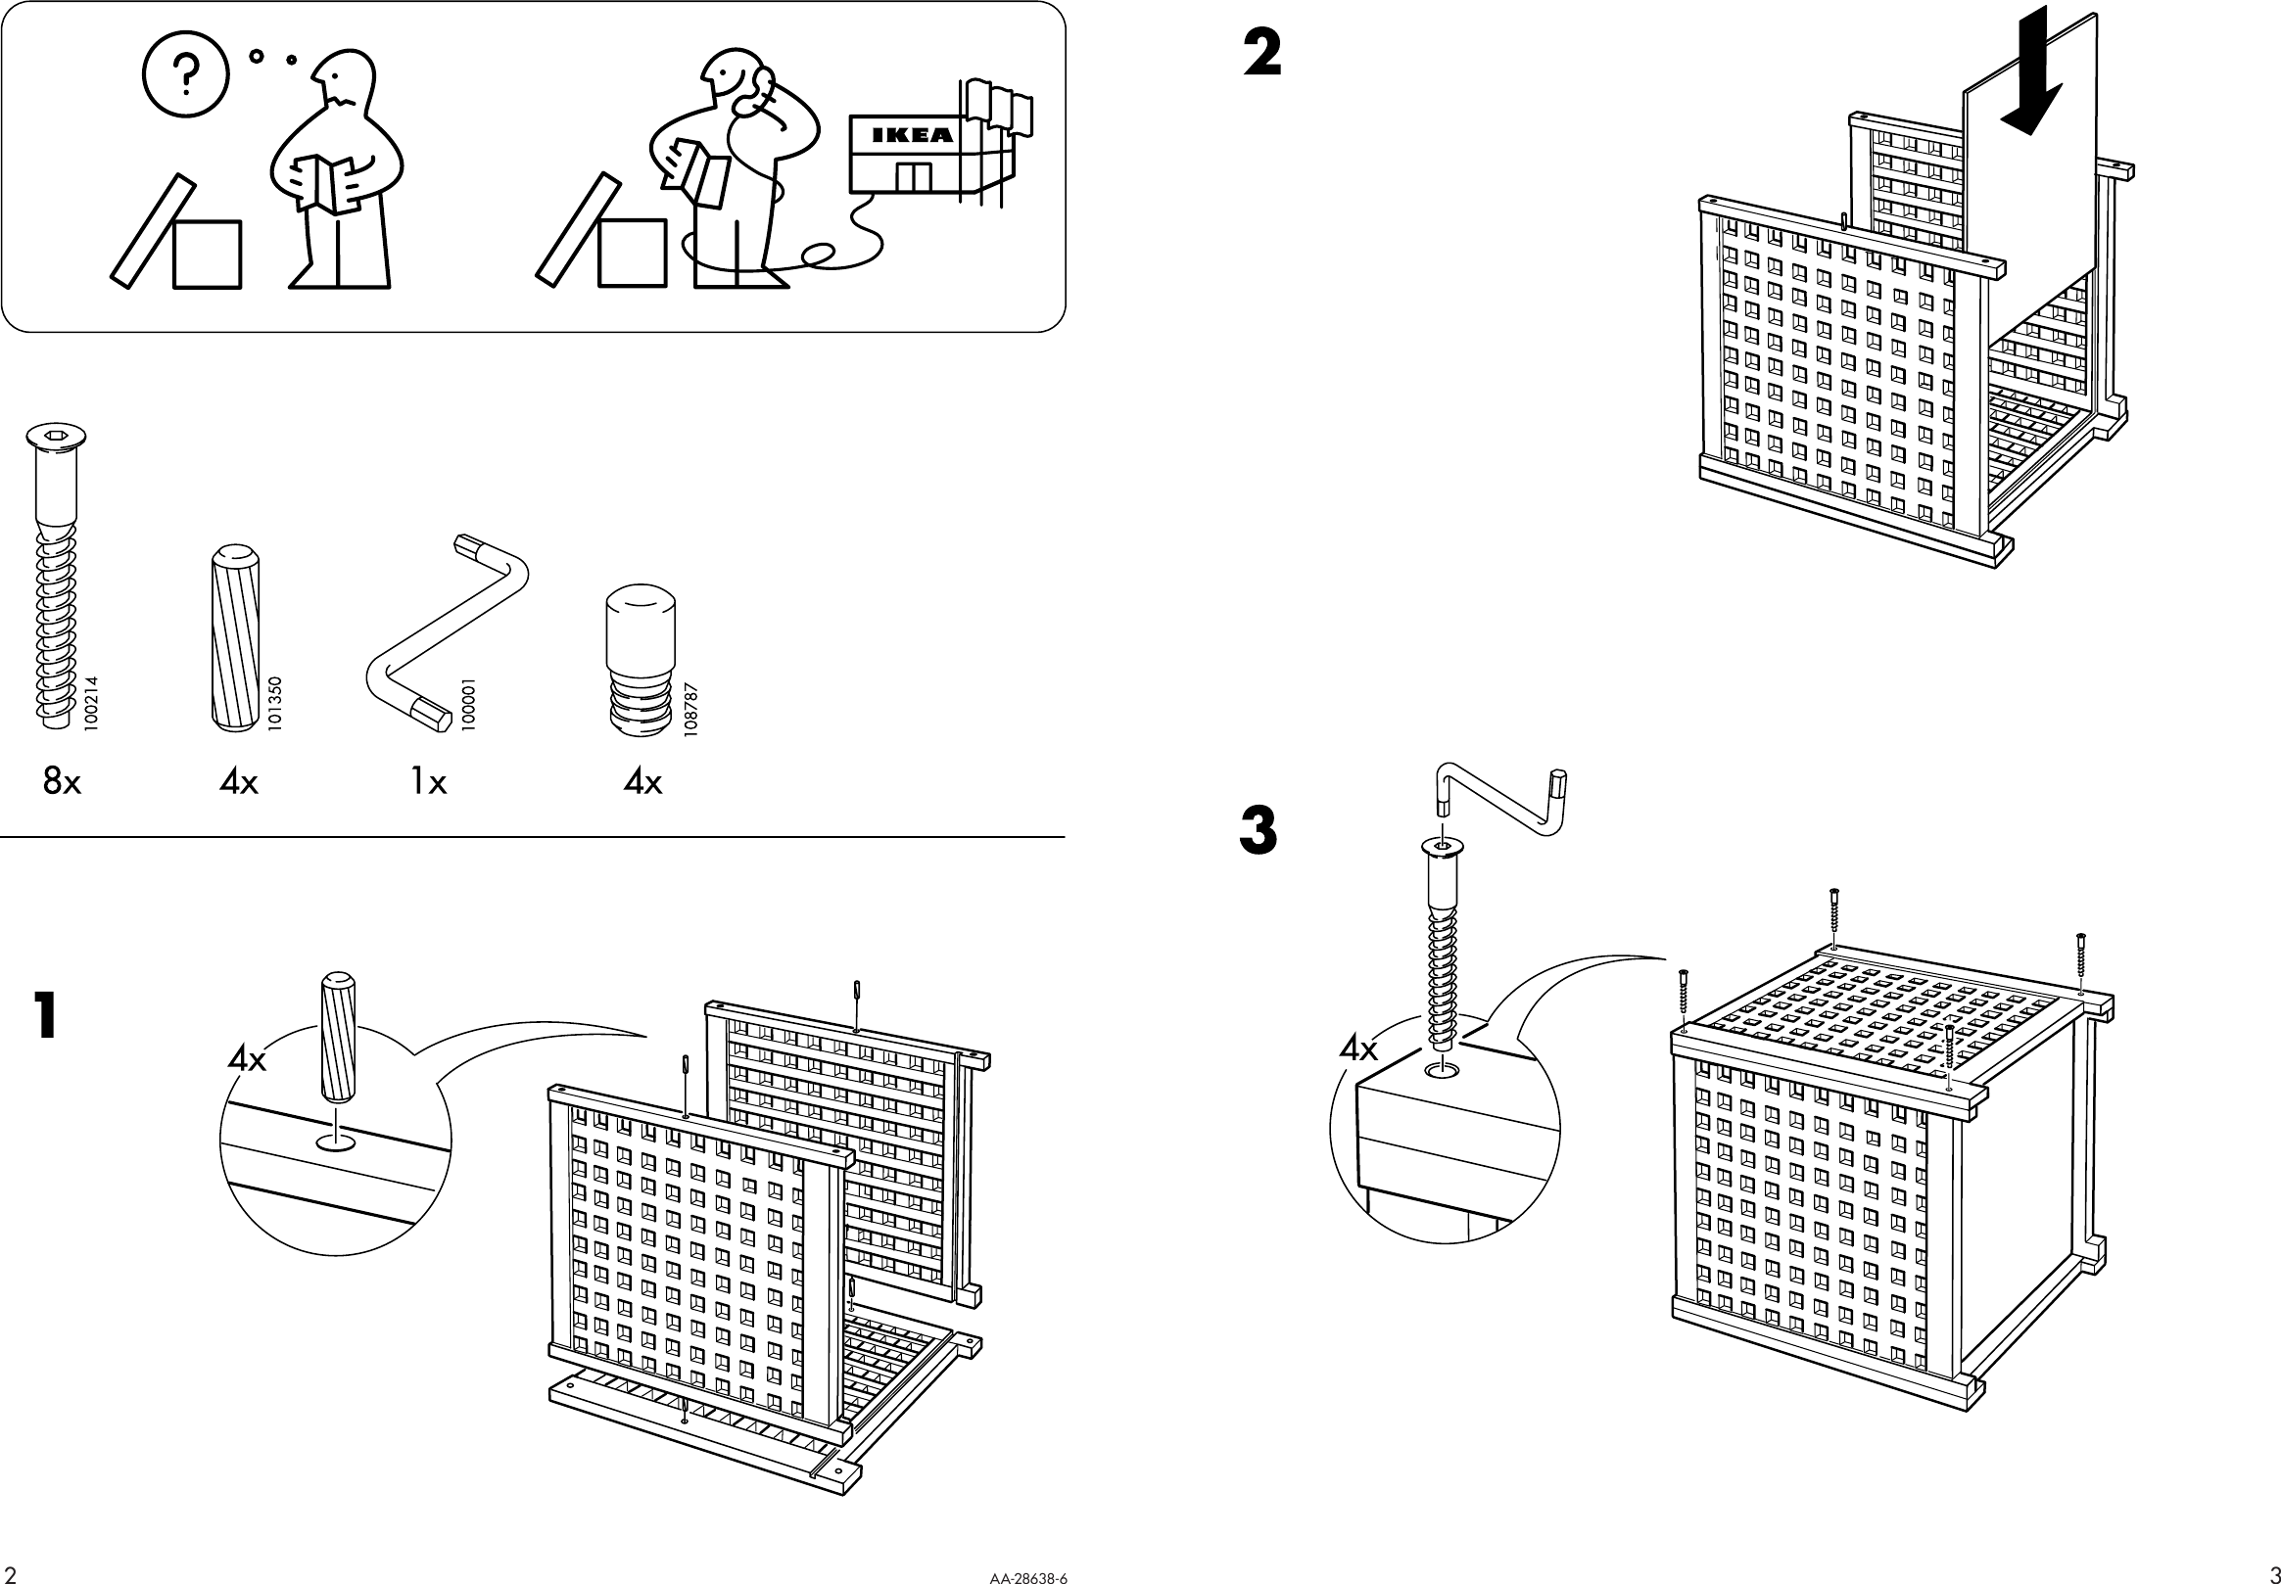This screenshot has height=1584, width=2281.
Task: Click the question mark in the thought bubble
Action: point(186,75)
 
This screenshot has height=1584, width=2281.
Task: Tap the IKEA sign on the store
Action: point(911,135)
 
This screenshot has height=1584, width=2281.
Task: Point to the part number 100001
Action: point(468,705)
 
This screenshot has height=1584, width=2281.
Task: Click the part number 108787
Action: point(691,708)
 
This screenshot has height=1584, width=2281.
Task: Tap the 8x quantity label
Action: point(62,782)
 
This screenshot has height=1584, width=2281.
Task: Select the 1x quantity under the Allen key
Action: point(428,782)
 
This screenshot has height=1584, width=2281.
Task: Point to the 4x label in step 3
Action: point(1357,1048)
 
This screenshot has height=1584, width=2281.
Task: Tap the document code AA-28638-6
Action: point(1027,1577)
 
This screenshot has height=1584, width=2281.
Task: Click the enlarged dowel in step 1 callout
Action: point(338,1036)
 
